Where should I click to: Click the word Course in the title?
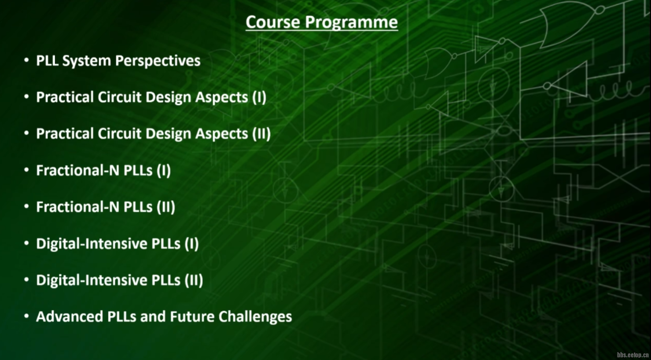[273, 22]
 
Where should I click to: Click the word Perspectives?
[158, 61]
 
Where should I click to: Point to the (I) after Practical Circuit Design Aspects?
[259, 97]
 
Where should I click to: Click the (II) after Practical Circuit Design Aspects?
[261, 134]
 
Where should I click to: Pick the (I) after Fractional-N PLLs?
[164, 170]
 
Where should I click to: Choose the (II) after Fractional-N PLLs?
[166, 207]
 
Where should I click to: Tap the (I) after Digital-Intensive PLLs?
[191, 243]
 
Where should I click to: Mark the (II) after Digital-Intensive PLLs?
[194, 280]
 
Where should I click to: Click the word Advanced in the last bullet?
[70, 316]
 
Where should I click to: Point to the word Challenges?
[255, 317]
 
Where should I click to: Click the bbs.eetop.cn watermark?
[633, 355]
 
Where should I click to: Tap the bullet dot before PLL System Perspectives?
[26, 60]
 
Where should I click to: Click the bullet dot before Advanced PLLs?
[26, 316]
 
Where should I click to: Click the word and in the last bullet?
[153, 316]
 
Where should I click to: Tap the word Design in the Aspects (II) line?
[168, 134]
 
